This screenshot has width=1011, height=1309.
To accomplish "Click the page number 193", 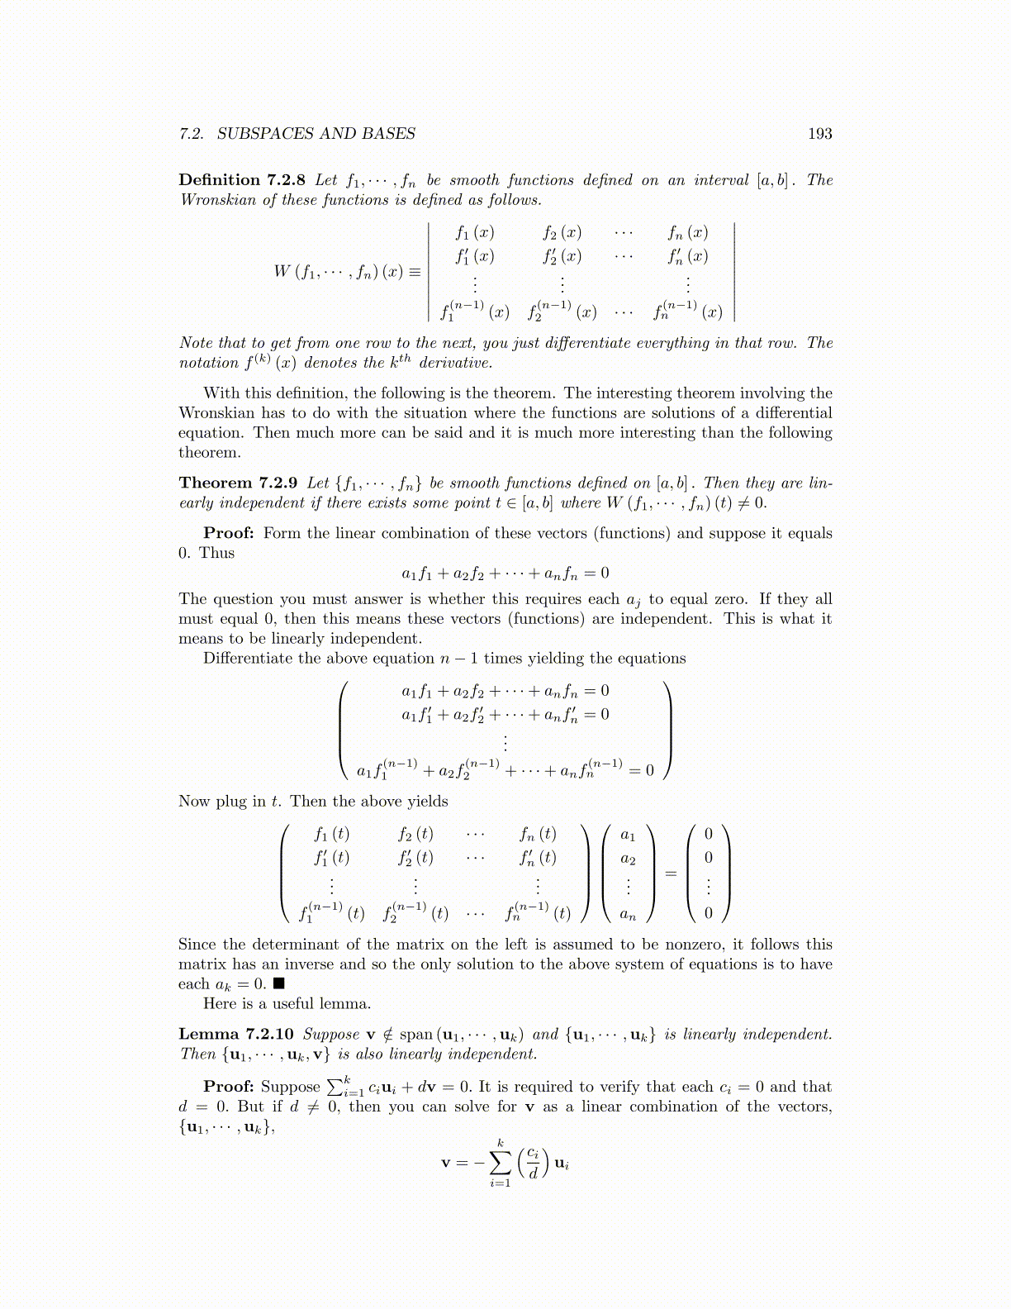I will tap(819, 134).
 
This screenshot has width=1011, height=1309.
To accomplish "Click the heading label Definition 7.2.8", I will tap(242, 180).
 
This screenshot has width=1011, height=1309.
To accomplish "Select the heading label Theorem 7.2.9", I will tap(238, 483).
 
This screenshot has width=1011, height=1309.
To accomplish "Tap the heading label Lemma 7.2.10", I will tap(235, 1035).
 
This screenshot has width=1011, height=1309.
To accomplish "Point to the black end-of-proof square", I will tap(279, 983).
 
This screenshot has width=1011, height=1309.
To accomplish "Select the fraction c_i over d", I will tap(533, 1163).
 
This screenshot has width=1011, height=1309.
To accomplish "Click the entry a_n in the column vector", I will tap(628, 914).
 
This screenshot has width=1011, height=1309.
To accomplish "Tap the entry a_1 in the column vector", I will tap(628, 835).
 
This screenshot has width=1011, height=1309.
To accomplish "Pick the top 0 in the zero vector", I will tap(708, 834).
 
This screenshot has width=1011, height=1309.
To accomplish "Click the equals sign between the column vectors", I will tap(671, 873).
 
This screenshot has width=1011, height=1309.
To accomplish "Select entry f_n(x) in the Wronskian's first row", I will tap(688, 233).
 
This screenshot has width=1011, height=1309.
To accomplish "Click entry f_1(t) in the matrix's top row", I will tap(331, 834).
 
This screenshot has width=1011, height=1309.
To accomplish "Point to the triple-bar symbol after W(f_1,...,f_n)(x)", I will tap(414, 271).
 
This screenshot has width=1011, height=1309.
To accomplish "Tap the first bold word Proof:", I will tap(229, 533).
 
